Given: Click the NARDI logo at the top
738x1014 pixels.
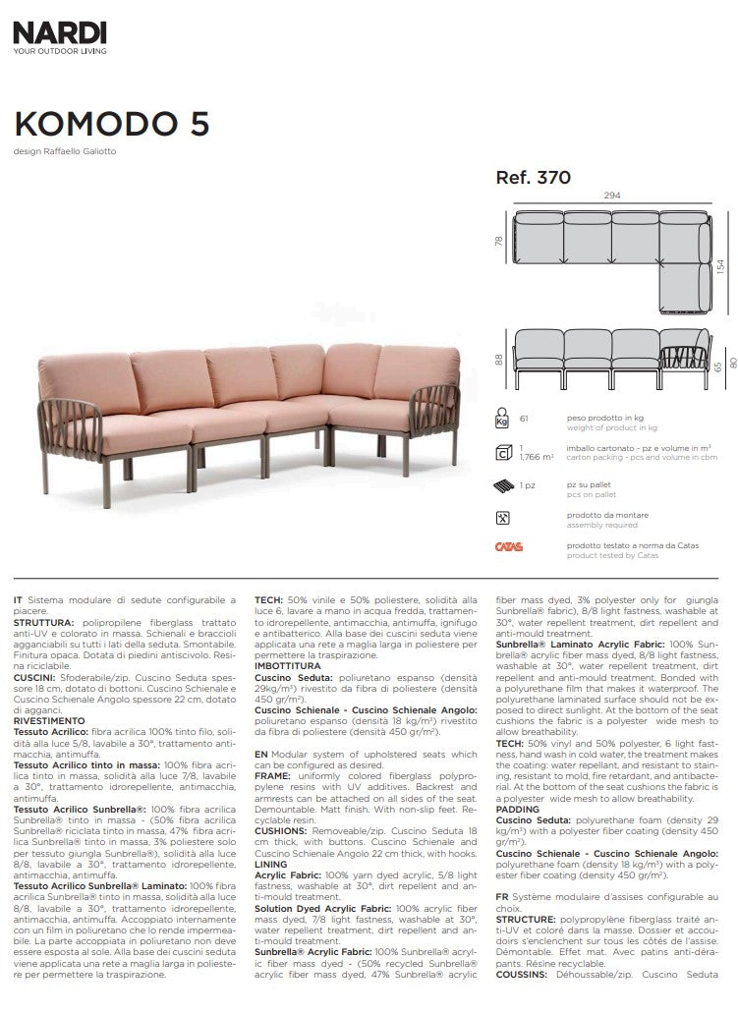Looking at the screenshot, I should click(x=60, y=33).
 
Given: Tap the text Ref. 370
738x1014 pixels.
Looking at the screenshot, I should click(x=534, y=179).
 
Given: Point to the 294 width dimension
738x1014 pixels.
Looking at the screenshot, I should click(x=611, y=196).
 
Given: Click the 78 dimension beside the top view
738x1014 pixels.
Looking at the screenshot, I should click(x=499, y=241).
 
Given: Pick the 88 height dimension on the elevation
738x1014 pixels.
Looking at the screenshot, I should click(x=499, y=360).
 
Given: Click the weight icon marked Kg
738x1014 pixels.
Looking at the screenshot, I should click(x=502, y=420).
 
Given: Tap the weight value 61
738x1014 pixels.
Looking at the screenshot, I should click(x=524, y=420).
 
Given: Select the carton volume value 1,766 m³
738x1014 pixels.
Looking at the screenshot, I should click(x=536, y=457).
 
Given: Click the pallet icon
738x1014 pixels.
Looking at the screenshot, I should click(x=502, y=485).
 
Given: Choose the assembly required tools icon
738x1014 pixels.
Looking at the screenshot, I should click(x=502, y=517).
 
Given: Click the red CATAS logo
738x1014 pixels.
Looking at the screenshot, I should click(x=508, y=547).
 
